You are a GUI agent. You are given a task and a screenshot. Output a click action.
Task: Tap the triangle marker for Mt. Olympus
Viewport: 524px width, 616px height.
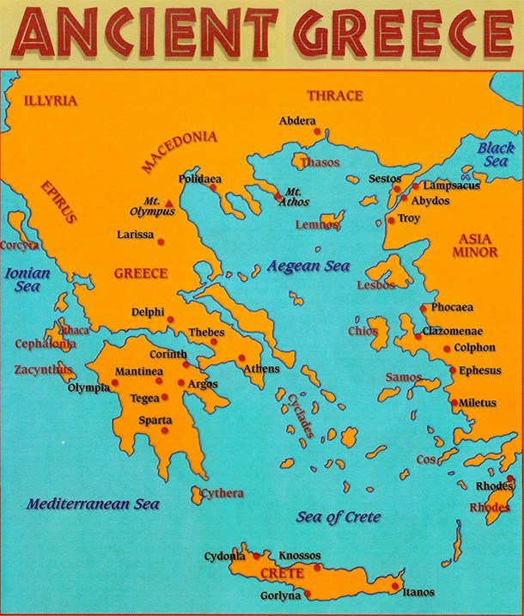tap(169, 204)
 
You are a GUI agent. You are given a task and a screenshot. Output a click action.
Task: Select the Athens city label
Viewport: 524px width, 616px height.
tap(261, 369)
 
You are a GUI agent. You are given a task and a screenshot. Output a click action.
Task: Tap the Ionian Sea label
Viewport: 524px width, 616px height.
tap(27, 280)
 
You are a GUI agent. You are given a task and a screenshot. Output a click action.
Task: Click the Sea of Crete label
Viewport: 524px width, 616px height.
tap(338, 517)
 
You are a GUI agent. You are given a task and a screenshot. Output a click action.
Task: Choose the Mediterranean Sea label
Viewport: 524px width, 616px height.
tap(92, 504)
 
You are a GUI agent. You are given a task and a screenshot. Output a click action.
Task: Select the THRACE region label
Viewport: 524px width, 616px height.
tap(334, 95)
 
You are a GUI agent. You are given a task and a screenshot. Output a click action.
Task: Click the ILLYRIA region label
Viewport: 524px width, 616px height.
tap(51, 101)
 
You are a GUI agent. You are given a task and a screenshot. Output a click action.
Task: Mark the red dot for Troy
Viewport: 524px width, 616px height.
tap(391, 220)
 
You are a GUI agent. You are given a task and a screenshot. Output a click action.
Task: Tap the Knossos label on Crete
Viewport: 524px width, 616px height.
tap(300, 556)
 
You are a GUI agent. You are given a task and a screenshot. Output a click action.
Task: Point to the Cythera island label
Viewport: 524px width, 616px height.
tap(222, 493)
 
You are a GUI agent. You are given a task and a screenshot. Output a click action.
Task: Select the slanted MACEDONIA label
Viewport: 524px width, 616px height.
tap(180, 151)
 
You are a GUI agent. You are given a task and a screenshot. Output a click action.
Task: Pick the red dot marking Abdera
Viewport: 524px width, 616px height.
tap(317, 131)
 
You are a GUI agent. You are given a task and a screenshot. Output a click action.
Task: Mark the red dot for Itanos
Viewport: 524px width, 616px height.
tap(394, 588)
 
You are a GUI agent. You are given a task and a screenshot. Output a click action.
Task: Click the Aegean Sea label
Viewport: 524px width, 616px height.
tap(308, 266)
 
